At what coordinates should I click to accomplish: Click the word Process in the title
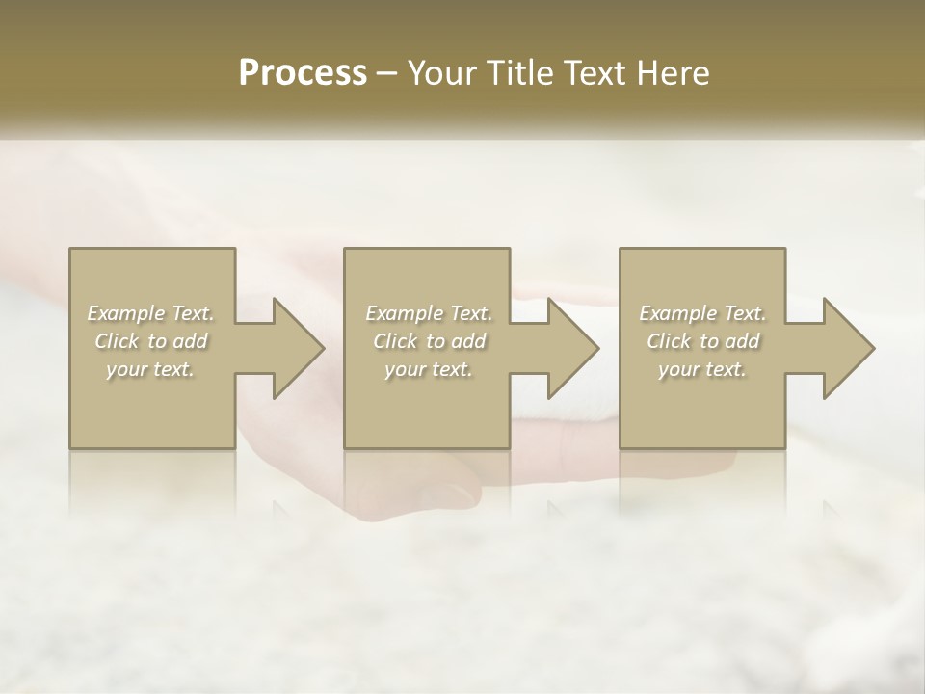pyautogui.click(x=303, y=73)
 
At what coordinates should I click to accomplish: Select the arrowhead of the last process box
pyautogui.click(x=847, y=348)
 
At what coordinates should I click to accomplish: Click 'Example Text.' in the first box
pyautogui.click(x=151, y=313)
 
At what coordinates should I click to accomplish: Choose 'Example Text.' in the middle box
pyautogui.click(x=429, y=313)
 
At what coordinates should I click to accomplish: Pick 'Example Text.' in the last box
pyautogui.click(x=702, y=313)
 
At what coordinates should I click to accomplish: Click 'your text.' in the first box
pyautogui.click(x=150, y=369)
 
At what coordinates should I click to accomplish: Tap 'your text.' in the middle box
pyautogui.click(x=428, y=369)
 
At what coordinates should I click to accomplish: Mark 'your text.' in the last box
pyautogui.click(x=701, y=369)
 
